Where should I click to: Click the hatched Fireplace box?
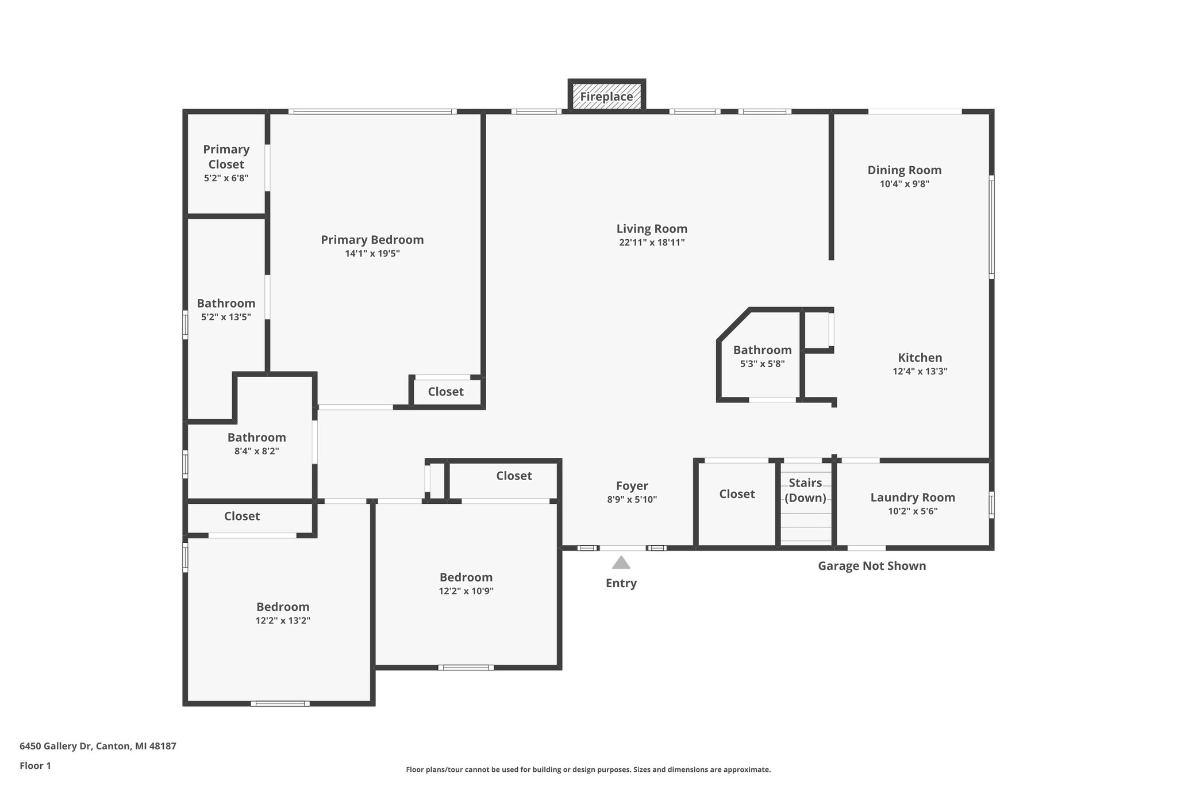pos(606,96)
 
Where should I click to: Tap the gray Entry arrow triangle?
pos(621,562)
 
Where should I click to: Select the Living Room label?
pos(652,229)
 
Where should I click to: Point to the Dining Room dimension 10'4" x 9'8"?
pos(904,184)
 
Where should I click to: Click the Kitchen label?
pos(920,358)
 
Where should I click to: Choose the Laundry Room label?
pos(912,497)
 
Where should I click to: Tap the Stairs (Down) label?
pos(805,490)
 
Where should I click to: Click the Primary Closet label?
pos(226,156)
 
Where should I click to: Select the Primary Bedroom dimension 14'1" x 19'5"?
pos(372,254)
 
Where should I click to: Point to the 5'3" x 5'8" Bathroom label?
pos(762,350)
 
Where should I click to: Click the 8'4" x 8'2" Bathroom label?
pos(256,438)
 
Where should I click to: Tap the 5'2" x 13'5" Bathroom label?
pos(226,304)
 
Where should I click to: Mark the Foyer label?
pos(632,486)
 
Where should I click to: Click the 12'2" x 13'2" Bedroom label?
pos(283,607)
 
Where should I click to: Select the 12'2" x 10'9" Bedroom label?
pos(466,577)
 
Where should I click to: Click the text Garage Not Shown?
pos(871,566)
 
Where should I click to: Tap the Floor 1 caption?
pos(35,765)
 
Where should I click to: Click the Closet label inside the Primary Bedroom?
pos(445,392)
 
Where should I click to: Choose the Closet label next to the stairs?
pos(737,494)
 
